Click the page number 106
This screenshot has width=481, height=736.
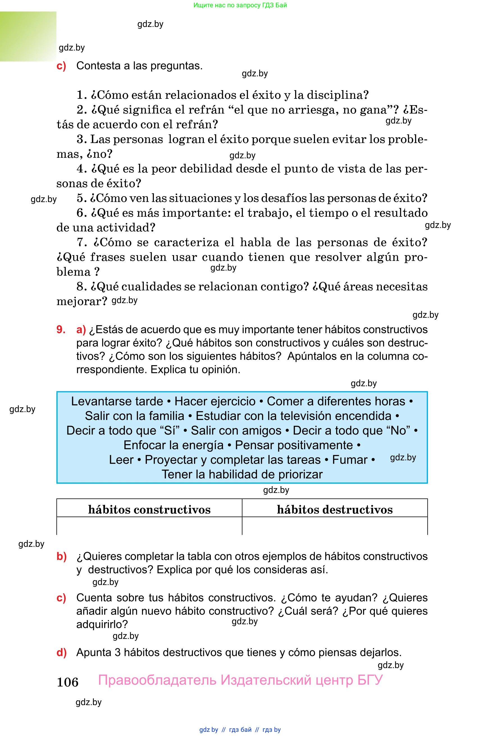(x=67, y=682)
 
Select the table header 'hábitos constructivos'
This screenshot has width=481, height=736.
(x=149, y=510)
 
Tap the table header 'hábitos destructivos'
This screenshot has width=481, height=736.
(x=334, y=510)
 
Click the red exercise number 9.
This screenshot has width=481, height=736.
(x=61, y=330)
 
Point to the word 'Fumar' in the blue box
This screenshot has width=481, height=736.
(x=350, y=460)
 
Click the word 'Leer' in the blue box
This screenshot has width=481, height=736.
(x=121, y=460)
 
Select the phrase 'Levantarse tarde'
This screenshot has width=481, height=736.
(x=117, y=401)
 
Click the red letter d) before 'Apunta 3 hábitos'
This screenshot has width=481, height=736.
(x=61, y=653)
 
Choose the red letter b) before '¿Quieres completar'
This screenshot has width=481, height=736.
(x=61, y=556)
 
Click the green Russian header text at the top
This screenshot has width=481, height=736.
(x=240, y=5)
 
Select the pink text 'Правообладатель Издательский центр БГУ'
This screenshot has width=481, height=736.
(x=240, y=680)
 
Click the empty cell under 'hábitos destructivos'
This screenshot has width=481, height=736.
(x=334, y=526)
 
